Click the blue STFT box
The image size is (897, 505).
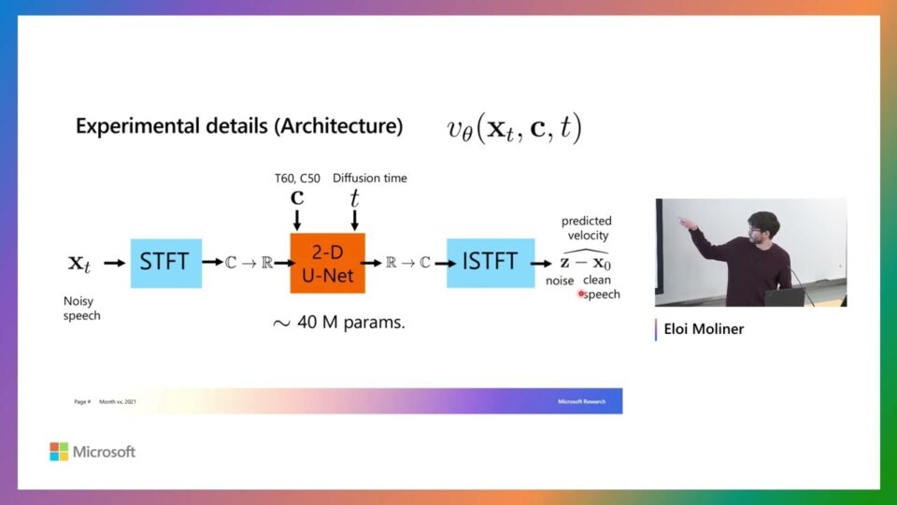165,261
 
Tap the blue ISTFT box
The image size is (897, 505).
490,261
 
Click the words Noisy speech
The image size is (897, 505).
82,309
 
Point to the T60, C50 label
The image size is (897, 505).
296,179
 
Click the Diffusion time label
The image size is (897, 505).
370,179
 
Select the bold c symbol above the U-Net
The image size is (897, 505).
297,198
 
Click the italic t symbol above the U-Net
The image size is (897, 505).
354,198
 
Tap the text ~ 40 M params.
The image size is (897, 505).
338,324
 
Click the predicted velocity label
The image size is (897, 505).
587,228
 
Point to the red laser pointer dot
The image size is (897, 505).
581,294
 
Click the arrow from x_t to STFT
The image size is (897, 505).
114,262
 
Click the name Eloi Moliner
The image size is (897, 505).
704,329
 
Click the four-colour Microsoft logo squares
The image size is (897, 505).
59,452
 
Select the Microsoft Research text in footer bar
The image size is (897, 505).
581,401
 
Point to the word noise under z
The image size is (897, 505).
560,281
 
